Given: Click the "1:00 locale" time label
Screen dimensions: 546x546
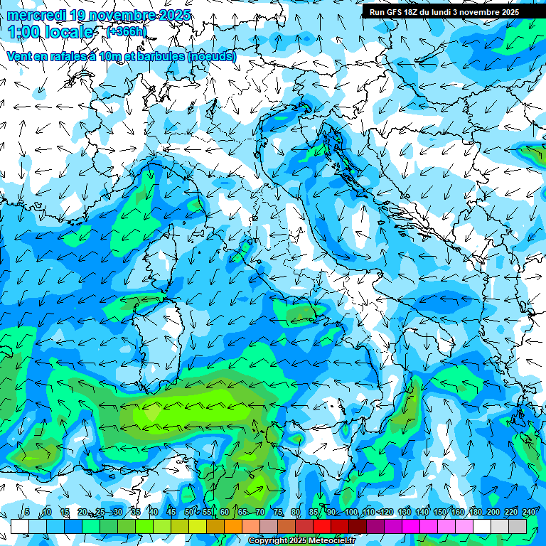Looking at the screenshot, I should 50,32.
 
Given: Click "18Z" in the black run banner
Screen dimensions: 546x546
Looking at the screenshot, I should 417,12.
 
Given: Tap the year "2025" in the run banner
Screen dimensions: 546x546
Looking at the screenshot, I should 507,12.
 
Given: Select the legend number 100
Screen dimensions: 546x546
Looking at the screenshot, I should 350,513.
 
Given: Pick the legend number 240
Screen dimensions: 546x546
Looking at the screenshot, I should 529,513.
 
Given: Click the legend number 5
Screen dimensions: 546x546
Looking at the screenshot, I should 27,513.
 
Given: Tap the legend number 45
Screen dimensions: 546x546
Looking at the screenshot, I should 171,513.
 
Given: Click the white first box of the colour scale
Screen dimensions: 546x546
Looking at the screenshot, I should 19,526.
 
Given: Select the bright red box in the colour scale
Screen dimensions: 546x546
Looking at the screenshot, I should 322,526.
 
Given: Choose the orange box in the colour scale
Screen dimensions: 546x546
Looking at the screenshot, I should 215,526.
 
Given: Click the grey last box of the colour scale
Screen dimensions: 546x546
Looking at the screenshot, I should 518,526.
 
